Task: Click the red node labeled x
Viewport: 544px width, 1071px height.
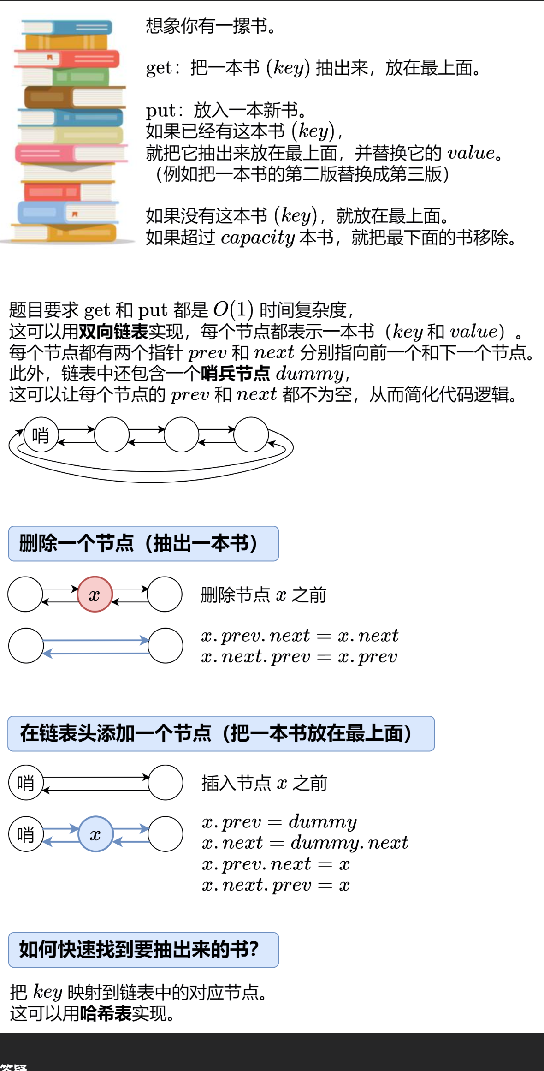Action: (x=95, y=595)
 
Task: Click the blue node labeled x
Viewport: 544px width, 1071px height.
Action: (x=95, y=834)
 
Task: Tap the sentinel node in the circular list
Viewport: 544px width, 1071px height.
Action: (x=41, y=435)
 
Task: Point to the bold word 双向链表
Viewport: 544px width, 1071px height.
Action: (x=113, y=331)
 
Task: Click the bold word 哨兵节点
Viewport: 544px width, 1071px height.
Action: (x=235, y=373)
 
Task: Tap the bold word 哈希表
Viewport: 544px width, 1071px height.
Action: (x=106, y=1013)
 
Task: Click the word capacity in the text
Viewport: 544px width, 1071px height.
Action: (x=258, y=238)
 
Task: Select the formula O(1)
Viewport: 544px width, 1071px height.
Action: (x=233, y=310)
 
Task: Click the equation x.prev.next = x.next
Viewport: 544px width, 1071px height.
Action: (x=300, y=636)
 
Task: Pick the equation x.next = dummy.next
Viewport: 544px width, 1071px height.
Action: (x=305, y=843)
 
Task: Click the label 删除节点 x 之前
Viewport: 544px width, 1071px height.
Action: (x=263, y=595)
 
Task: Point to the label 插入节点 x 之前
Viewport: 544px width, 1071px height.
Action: (x=264, y=783)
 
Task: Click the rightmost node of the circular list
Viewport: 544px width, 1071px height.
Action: (x=251, y=435)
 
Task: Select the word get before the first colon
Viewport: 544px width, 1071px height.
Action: (x=159, y=68)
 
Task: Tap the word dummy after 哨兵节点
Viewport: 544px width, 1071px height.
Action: (x=310, y=373)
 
